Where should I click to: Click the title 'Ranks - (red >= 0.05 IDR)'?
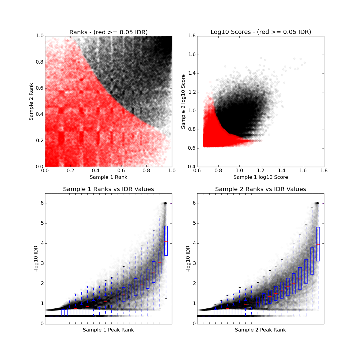pyautogui.click(x=108, y=32)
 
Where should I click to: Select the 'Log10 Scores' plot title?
pyautogui.click(x=260, y=32)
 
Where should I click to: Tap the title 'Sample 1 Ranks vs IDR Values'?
pyautogui.click(x=108, y=189)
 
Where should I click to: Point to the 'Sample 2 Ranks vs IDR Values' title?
pyautogui.click(x=260, y=189)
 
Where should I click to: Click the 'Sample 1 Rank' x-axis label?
pyautogui.click(x=108, y=177)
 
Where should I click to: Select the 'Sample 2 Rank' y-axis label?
pyautogui.click(x=31, y=102)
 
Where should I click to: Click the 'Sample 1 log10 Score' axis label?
pyautogui.click(x=260, y=177)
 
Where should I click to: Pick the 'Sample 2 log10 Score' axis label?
pyautogui.click(x=183, y=102)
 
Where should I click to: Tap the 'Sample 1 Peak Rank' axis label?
pyautogui.click(x=108, y=330)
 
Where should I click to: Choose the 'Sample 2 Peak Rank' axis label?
pyautogui.click(x=260, y=330)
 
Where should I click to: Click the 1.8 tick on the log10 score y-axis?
pyautogui.click(x=192, y=36)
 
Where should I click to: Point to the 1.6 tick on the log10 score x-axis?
pyautogui.click(x=303, y=171)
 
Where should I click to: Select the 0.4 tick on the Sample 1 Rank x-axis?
pyautogui.click(x=96, y=171)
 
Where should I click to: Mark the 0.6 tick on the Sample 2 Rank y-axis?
pyautogui.click(x=39, y=88)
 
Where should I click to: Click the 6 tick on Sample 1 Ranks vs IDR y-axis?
pyautogui.click(x=42, y=203)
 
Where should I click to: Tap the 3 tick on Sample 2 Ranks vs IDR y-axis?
pyautogui.click(x=194, y=263)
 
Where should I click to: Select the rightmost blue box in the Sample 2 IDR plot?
pyautogui.click(x=318, y=244)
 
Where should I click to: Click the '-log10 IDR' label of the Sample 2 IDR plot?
pyautogui.click(x=188, y=259)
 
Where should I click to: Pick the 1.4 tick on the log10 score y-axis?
pyautogui.click(x=192, y=73)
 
